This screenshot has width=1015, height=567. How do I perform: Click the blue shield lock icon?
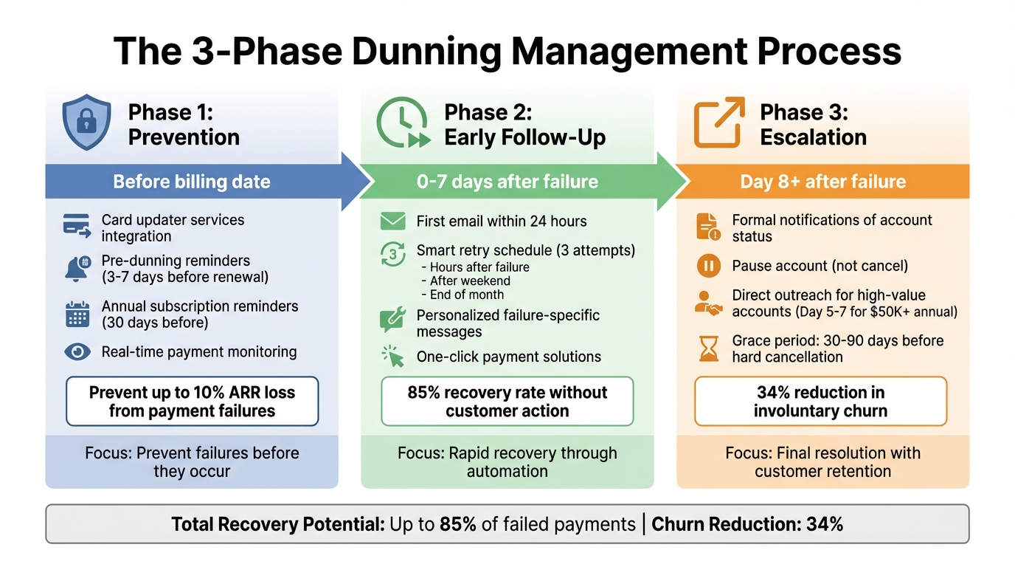pos(87,123)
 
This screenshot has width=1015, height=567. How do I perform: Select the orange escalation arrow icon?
pos(718,123)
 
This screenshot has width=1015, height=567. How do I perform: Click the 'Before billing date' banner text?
pos(191,182)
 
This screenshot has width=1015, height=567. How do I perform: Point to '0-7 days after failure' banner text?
pos(507,182)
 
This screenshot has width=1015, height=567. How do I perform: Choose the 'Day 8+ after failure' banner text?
pos(822,182)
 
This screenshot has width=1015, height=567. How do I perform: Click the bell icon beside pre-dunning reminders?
pos(77,269)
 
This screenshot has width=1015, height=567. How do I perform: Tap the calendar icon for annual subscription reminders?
pos(77,314)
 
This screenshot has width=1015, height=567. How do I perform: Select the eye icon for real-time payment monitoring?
pos(77,351)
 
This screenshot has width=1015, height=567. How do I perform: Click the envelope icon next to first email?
pos(393,221)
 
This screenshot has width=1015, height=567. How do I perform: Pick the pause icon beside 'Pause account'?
pos(708,266)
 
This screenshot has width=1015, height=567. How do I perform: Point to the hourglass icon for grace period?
pos(708,348)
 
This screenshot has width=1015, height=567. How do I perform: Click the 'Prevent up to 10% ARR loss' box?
pos(192,402)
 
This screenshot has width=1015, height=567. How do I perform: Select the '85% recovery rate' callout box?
pos(507,402)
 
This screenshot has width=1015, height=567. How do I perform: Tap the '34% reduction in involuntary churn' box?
pos(820,402)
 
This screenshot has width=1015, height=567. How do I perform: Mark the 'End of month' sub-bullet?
pos(467,295)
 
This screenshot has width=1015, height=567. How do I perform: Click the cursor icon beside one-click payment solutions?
pos(393,357)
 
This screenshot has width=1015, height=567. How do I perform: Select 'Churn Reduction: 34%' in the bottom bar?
pos(747,524)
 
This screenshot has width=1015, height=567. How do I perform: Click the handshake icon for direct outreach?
pos(708,303)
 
